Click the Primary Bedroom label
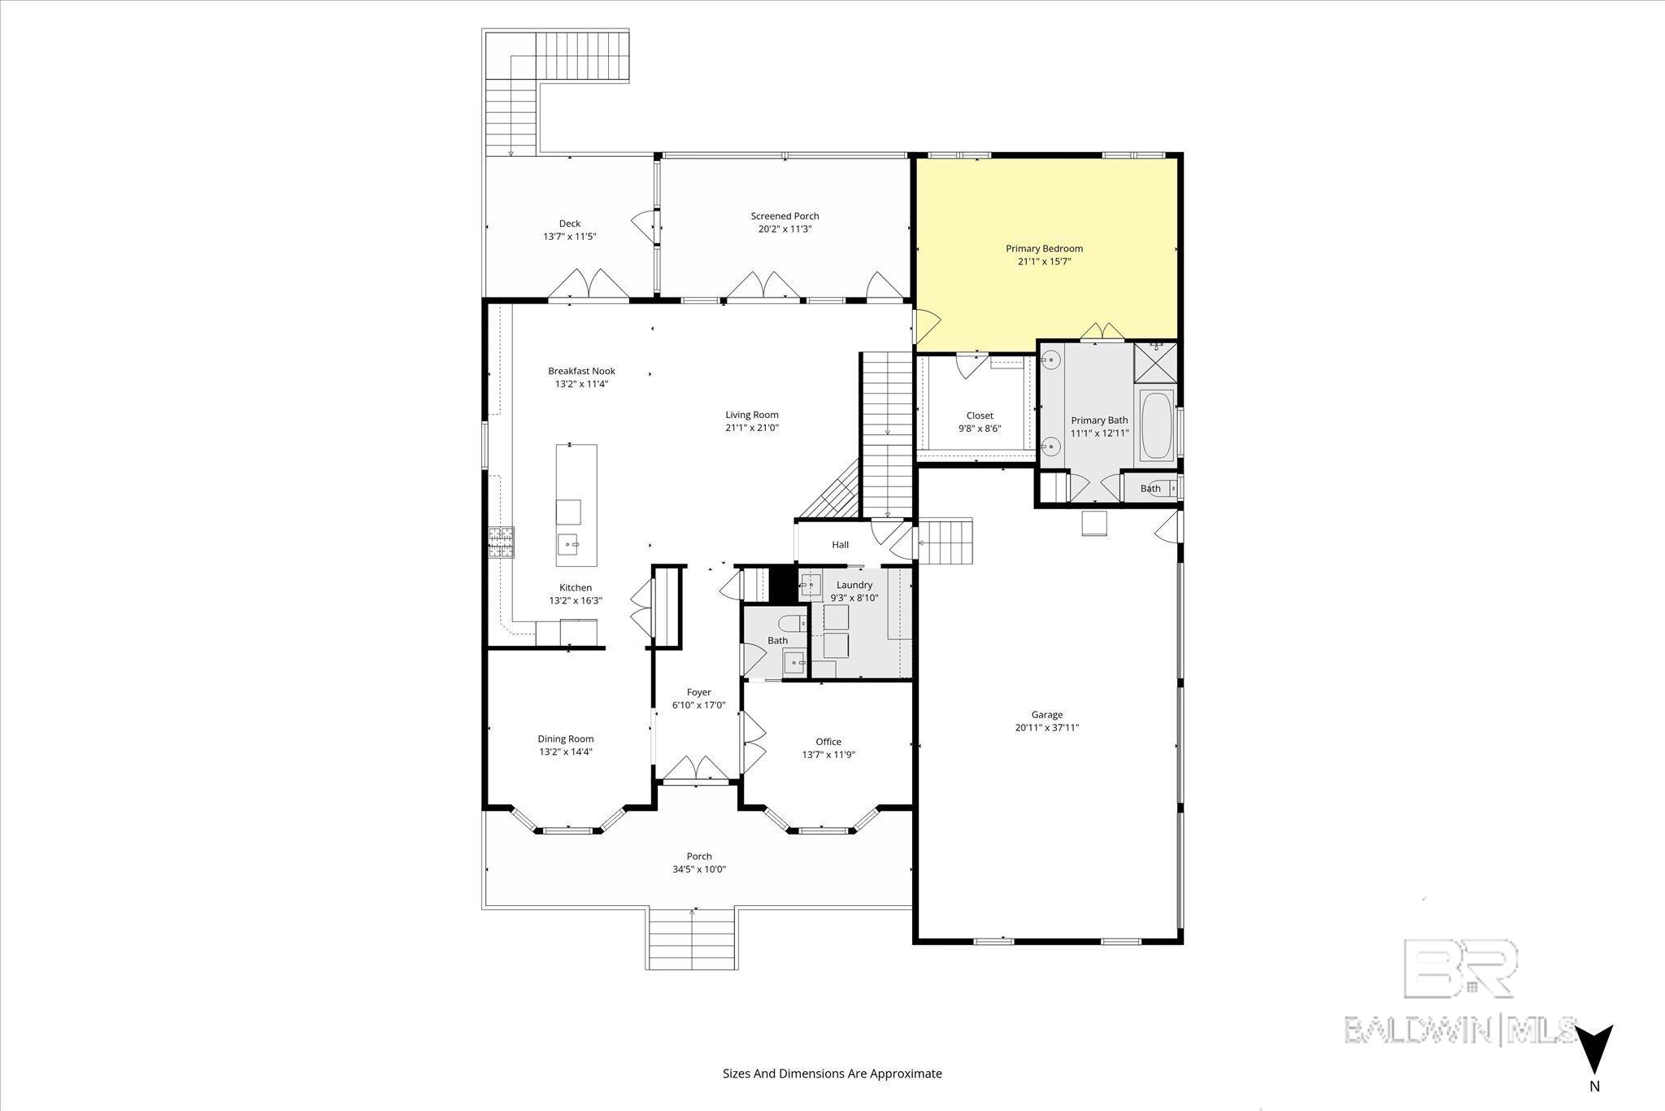coord(1044,249)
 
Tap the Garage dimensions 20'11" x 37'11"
coord(1046,728)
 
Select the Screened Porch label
coord(785,216)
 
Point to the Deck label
coord(570,224)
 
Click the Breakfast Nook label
coord(581,371)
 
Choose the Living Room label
coord(752,415)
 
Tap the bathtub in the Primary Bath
coord(1157,426)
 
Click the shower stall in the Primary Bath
coord(1155,363)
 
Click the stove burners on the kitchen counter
coord(501,542)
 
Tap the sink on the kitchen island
coord(569,543)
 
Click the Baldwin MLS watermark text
coord(1460,1030)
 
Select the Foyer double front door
coord(693,768)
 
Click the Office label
coord(828,742)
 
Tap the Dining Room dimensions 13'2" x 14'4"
coord(565,752)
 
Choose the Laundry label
coord(854,585)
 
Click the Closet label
coord(980,416)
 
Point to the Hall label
coord(840,545)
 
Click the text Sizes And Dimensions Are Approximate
coord(832,1074)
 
